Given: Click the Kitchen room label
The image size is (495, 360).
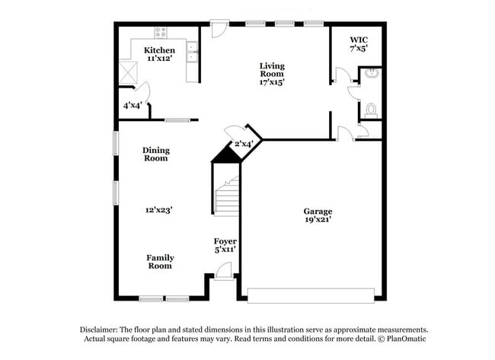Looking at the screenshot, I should (x=160, y=50).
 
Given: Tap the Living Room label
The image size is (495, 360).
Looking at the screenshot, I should (x=273, y=71).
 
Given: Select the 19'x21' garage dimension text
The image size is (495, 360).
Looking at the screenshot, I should (x=318, y=220).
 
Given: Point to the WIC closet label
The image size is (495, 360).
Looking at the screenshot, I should (x=359, y=40).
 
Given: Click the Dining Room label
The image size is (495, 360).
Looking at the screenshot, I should (x=155, y=155).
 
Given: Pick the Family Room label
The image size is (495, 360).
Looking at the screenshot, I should (x=160, y=262).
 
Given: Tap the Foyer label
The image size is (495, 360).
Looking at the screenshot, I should (x=225, y=241).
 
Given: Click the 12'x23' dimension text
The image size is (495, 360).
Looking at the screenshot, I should (x=160, y=209).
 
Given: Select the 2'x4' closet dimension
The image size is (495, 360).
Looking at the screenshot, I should (x=243, y=144).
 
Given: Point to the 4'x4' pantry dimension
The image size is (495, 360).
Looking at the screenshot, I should (x=132, y=106).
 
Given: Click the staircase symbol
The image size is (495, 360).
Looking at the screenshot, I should (x=227, y=197).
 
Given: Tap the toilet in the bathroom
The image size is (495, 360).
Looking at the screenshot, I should (x=371, y=110).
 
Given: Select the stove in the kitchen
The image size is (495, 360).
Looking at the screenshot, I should (x=161, y=33).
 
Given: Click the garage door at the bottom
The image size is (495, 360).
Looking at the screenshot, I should (x=311, y=294).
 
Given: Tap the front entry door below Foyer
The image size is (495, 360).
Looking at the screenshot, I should (x=224, y=270).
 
